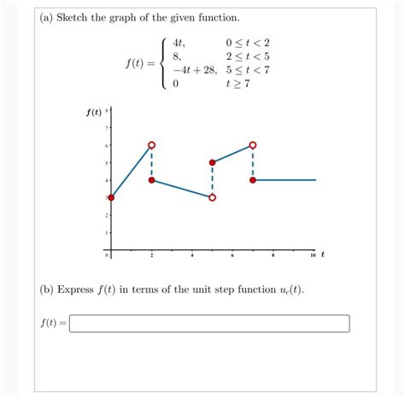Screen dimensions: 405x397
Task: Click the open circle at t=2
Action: point(152,145)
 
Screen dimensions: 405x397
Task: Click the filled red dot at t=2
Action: point(152,180)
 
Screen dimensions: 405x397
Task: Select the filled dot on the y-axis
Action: point(110,198)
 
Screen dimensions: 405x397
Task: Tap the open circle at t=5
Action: point(212,197)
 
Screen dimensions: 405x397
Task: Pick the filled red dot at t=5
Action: point(212,162)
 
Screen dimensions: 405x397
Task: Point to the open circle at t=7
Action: point(253,145)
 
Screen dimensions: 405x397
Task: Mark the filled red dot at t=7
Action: point(253,180)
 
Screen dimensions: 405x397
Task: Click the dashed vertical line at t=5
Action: point(212,180)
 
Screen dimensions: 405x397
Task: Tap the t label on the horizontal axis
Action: point(323,254)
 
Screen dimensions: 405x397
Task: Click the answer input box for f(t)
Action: point(209,324)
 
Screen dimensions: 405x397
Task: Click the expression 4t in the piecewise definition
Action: point(178,43)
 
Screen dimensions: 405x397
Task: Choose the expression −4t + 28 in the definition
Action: point(194,70)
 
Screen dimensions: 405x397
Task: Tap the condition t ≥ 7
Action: point(238,85)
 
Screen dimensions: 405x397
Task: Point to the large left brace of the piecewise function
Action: point(163,63)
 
